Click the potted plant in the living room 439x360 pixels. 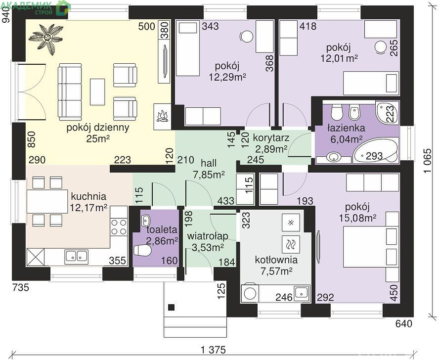46,39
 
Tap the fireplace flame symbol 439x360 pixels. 162,116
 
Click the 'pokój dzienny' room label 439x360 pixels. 98,128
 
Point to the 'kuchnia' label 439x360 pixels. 88,196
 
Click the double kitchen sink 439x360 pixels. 77,256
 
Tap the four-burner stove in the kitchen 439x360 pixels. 119,227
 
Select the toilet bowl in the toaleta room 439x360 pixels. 142,250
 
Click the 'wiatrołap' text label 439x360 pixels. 208,236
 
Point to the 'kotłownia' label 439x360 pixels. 276,260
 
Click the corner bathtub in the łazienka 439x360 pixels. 375,151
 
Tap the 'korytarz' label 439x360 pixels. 271,138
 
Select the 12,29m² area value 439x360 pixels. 227,77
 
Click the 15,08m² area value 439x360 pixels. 357,218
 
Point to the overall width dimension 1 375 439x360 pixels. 213,350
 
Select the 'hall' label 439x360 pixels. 209,163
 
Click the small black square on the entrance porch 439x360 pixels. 172,308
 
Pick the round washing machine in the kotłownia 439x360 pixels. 250,293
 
